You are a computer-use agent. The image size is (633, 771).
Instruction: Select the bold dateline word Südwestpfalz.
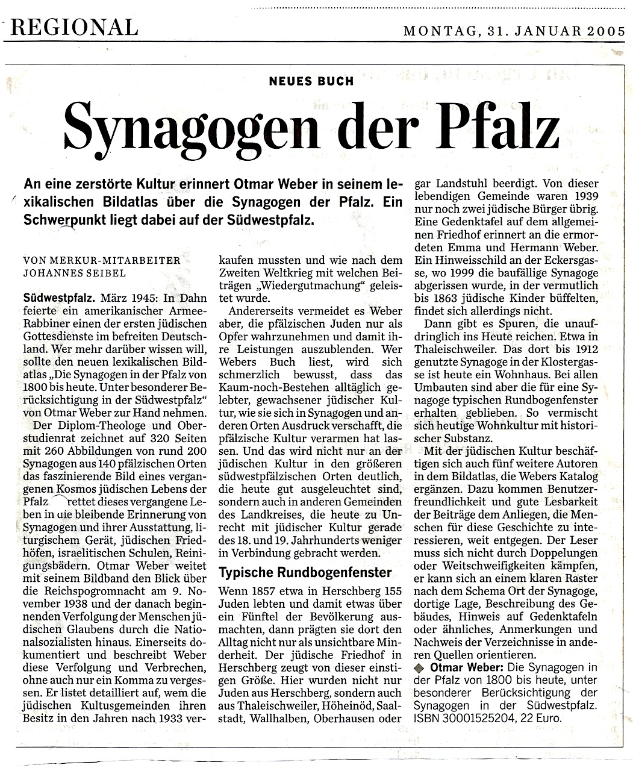pos(57,298)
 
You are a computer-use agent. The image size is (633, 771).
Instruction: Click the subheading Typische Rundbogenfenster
pos(305,572)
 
